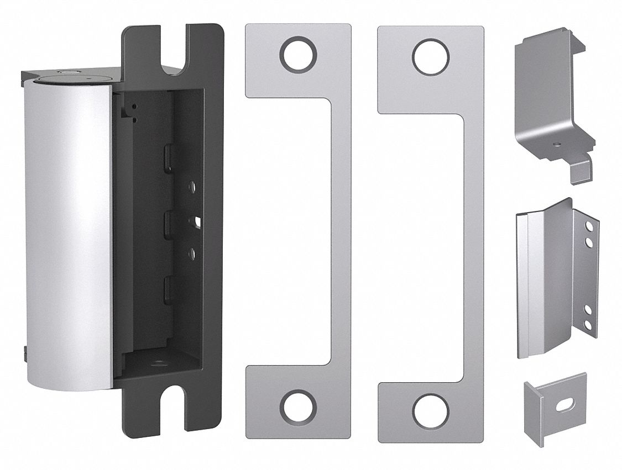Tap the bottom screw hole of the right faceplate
(x=431, y=411)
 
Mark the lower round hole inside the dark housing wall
(x=191, y=254)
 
